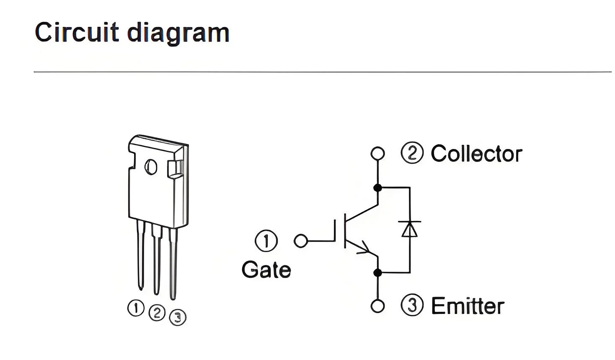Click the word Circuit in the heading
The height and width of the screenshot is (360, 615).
point(77,32)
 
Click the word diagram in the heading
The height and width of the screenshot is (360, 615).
point(178,34)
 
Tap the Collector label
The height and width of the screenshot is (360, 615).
point(476,154)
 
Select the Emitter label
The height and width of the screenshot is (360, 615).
point(468,306)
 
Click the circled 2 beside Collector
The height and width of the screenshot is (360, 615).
point(412,153)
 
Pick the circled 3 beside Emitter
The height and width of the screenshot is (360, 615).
point(412,305)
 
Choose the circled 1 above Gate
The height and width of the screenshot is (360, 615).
point(266,241)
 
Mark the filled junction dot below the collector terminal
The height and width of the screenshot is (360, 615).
point(378,188)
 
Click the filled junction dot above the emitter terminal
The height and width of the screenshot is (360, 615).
point(378,273)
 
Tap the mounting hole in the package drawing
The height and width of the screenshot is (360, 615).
point(151,167)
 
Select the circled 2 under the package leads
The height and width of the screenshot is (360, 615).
point(157,313)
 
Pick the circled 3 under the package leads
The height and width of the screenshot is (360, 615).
point(178,317)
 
